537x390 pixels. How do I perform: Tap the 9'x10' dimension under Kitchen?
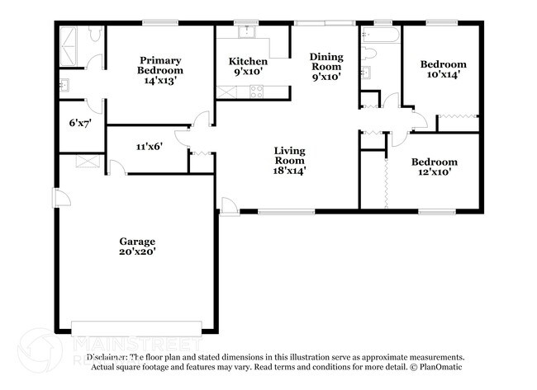[248, 73]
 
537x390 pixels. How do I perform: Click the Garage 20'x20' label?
[136, 247]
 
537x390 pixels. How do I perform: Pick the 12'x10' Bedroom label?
[434, 167]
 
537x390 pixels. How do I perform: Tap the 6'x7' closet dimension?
[80, 124]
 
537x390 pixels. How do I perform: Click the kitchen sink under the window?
[246, 33]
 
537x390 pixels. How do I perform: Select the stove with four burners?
[256, 93]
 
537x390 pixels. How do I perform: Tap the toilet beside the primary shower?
[93, 35]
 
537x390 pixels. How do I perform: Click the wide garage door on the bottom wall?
[136, 324]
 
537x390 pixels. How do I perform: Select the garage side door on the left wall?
[56, 198]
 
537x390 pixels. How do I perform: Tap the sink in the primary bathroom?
[64, 84]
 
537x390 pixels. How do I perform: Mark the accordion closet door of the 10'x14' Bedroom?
[457, 116]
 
